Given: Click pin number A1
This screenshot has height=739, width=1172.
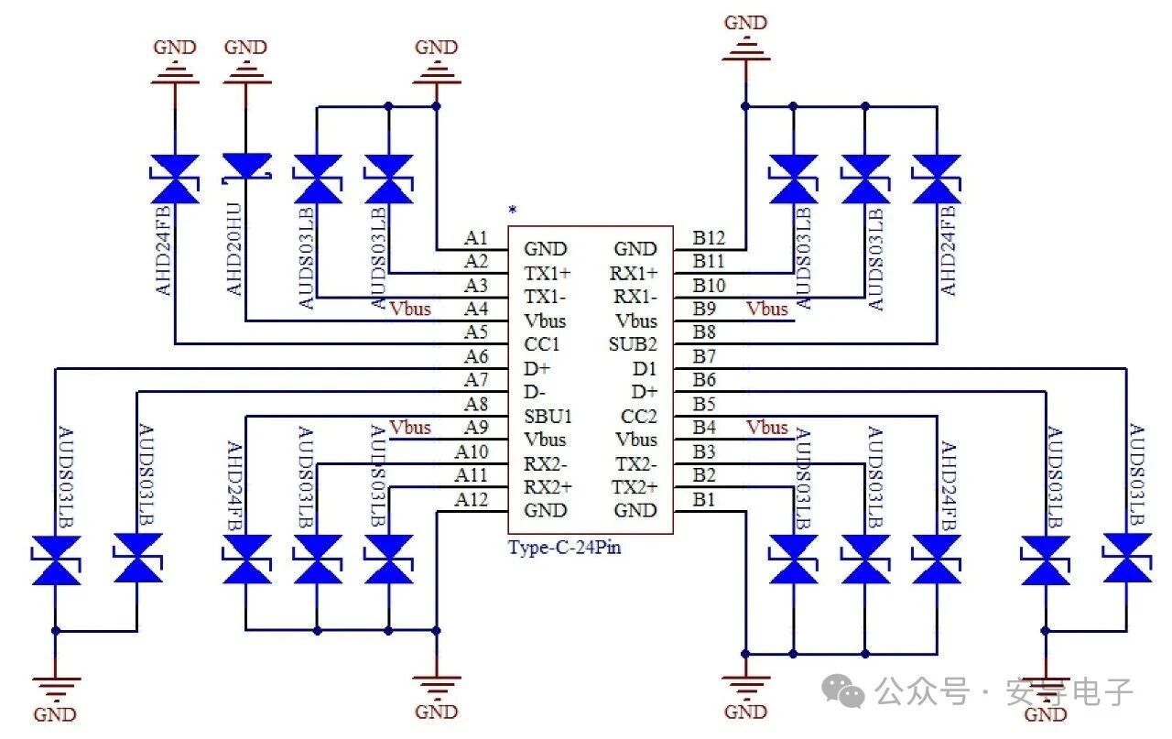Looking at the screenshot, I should click(476, 238).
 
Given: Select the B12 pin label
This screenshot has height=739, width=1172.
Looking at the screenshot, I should click(709, 238).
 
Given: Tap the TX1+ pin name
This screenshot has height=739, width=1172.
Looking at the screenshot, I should click(547, 273).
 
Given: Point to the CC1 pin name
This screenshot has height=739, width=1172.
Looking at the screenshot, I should click(542, 344).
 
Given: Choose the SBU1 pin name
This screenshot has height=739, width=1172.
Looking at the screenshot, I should click(548, 416).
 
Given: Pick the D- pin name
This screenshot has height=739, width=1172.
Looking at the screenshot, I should click(536, 392).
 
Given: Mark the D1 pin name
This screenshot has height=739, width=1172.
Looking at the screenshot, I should click(645, 368).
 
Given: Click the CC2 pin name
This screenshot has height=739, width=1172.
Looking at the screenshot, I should click(639, 416).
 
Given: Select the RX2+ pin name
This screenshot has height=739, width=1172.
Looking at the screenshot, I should click(547, 486).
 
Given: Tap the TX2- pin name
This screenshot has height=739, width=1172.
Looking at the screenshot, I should click(635, 463).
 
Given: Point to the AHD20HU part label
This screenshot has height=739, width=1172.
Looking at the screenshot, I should click(234, 249).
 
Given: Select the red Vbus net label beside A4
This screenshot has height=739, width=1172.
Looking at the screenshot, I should click(409, 309).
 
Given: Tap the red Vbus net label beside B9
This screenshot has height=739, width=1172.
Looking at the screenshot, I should click(767, 309).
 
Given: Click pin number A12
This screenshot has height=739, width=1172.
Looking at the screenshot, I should click(472, 499).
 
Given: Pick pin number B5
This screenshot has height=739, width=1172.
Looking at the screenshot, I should click(704, 404).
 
